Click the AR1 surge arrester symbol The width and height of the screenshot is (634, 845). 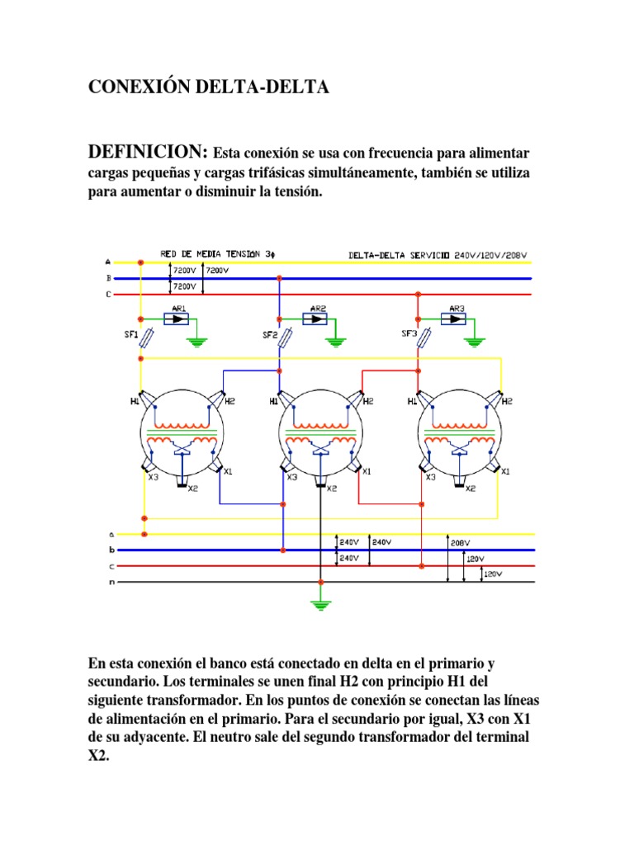point(177,319)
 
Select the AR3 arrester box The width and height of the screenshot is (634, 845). point(457,319)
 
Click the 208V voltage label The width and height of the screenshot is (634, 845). point(461,543)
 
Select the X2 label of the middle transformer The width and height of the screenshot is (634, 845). point(332,489)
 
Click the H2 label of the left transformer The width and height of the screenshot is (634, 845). point(229,401)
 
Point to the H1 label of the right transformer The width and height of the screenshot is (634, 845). point(412,401)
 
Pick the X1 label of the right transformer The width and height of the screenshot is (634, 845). point(505,471)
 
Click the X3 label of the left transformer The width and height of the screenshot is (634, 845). point(153,477)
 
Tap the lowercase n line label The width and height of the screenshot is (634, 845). point(110,582)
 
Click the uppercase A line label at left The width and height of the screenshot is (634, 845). point(109,262)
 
